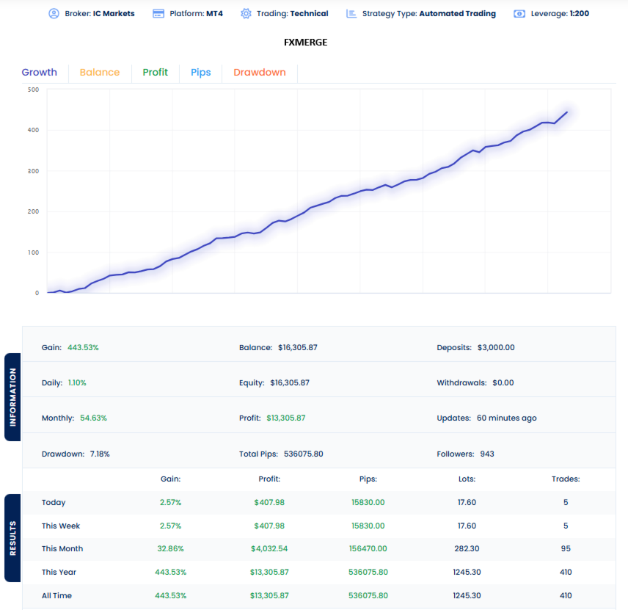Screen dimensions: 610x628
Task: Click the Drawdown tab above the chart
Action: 259,72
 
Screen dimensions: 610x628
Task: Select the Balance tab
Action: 99,72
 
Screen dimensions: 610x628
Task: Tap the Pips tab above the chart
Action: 200,72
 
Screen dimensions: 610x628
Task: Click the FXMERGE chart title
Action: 305,42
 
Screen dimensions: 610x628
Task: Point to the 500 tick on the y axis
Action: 33,90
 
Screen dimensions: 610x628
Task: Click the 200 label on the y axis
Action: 33,211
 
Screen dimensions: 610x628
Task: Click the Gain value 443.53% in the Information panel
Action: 83,347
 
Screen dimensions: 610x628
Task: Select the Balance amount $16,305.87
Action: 298,347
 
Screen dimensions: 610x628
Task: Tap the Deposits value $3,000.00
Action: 495,347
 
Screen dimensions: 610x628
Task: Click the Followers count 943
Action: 487,454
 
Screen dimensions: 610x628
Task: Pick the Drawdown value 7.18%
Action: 100,454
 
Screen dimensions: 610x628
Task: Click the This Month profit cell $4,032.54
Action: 269,548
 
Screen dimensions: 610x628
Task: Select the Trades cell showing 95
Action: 565,548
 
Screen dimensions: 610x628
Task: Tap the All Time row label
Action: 56,595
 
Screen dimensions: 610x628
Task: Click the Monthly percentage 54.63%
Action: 93,418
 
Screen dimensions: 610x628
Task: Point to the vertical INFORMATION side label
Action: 13,397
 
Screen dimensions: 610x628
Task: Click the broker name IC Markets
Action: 114,13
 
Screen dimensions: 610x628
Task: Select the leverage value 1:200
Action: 579,13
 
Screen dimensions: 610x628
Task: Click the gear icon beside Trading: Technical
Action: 246,13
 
